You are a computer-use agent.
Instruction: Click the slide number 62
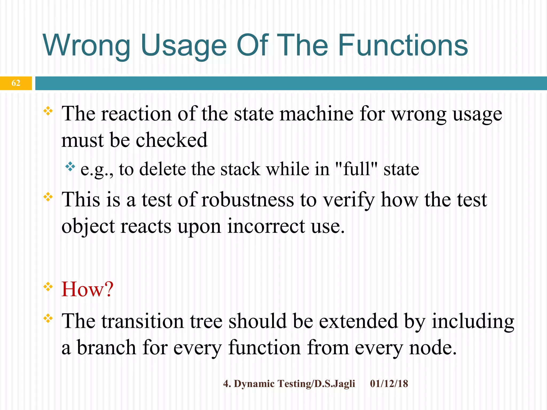tap(16, 83)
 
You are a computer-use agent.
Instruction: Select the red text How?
tap(88, 289)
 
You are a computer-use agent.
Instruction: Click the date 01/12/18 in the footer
tap(389, 384)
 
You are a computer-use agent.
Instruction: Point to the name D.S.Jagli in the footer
tap(335, 384)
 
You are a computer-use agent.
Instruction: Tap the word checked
tap(171, 140)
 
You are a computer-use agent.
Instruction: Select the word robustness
tap(247, 200)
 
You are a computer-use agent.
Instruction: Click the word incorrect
tap(266, 226)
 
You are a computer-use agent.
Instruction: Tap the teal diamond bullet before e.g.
tap(70, 167)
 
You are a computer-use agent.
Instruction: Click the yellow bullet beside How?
tap(48, 287)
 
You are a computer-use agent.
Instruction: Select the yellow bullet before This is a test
tap(48, 197)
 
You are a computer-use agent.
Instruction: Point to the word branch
tap(106, 348)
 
